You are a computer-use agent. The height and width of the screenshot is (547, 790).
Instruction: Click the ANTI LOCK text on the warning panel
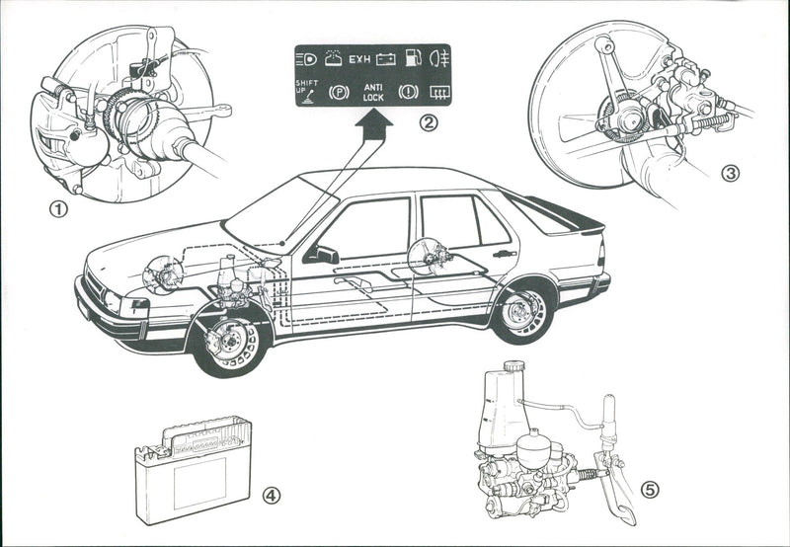373,91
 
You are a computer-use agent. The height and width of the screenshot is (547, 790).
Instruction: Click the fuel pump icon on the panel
412,57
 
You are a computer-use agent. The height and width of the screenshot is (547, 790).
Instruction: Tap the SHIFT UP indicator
306,88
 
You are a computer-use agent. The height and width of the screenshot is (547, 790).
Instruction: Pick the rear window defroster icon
434,91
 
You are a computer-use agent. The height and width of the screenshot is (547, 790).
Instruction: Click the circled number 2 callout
428,123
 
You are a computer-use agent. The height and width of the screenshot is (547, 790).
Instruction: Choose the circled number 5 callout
649,489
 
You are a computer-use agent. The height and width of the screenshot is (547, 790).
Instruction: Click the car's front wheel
230,341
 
